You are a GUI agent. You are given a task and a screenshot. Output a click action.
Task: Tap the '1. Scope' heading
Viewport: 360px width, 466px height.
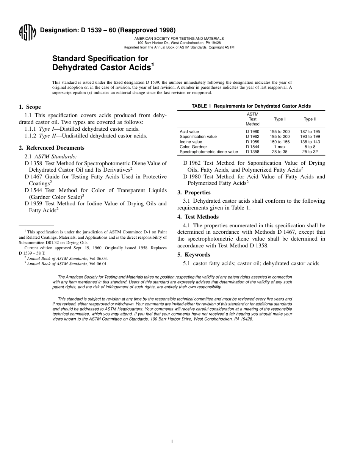(30, 107)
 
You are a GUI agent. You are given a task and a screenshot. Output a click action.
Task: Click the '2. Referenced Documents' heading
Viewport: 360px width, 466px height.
(52, 148)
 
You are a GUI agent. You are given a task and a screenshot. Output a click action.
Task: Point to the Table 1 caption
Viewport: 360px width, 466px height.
(251, 106)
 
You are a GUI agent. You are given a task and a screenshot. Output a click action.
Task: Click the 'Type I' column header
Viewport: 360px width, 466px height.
(280, 119)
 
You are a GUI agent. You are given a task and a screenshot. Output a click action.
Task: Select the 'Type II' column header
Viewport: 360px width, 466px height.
(310, 119)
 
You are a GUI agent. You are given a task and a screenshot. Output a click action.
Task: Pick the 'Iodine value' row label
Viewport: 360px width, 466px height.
(191, 142)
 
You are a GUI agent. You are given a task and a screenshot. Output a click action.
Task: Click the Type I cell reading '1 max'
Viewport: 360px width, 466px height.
(280, 147)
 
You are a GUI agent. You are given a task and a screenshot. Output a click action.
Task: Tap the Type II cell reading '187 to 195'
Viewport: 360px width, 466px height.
(310, 131)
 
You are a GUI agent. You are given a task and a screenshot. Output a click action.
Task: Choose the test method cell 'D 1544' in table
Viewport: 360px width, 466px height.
(252, 147)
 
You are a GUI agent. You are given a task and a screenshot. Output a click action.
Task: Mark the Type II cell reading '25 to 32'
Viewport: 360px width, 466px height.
(310, 152)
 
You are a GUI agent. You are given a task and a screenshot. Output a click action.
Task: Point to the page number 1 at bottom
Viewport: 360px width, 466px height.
(172, 441)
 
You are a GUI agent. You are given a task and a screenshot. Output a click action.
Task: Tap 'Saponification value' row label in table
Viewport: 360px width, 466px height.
(198, 136)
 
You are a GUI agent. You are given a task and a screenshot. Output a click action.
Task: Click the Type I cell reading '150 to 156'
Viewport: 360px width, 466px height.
(280, 142)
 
